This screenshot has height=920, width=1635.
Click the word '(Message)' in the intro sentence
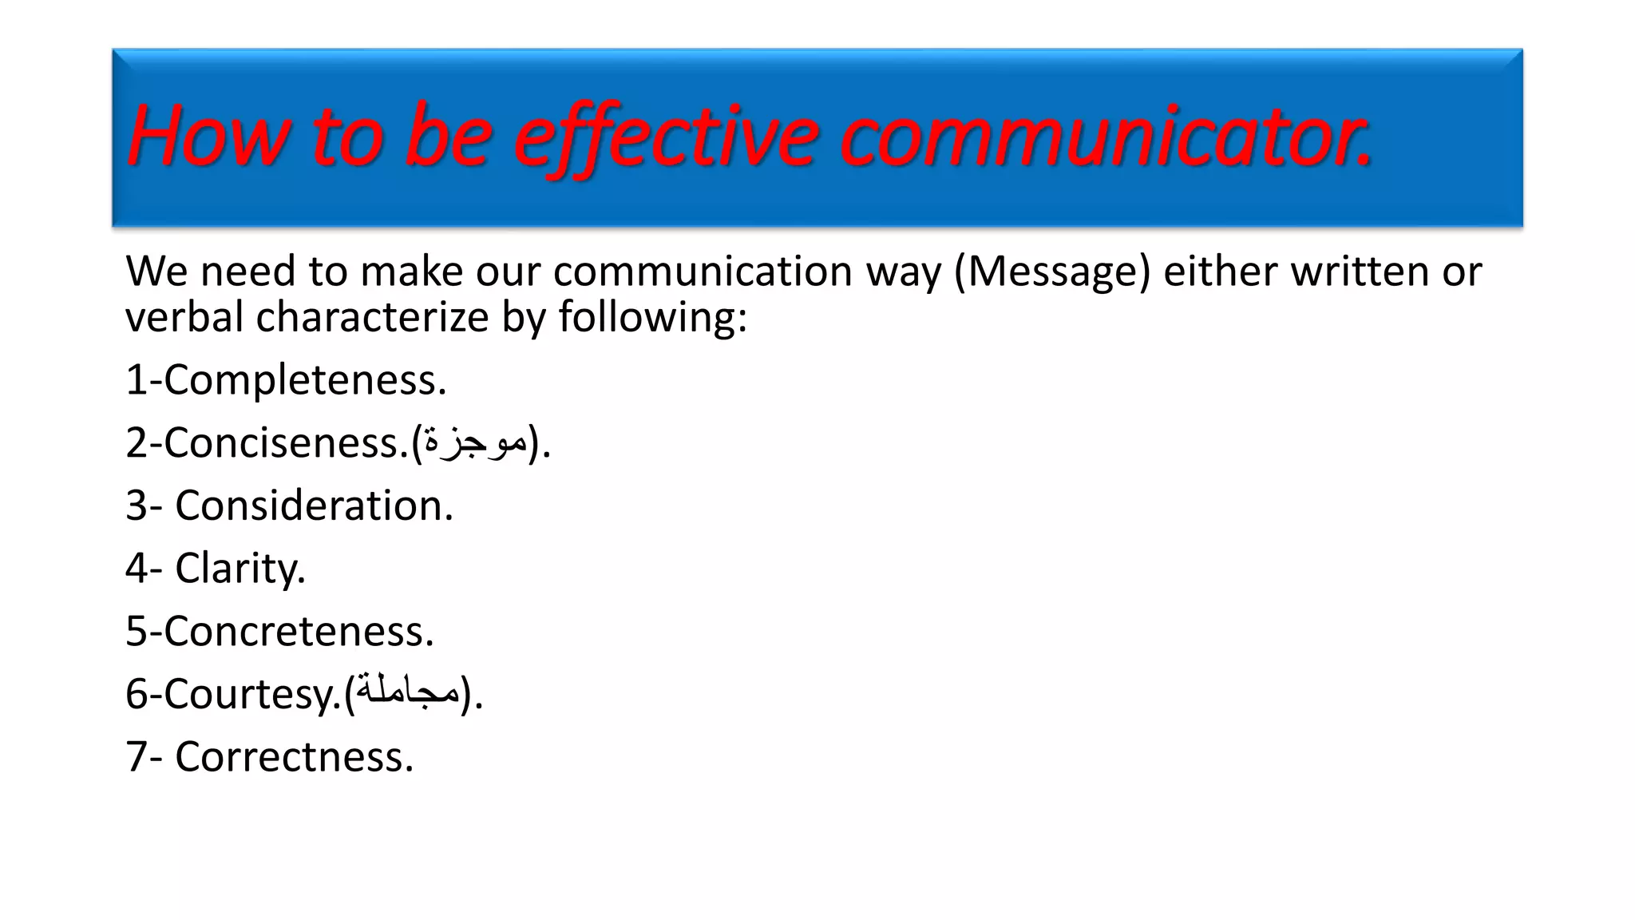[x=1052, y=272]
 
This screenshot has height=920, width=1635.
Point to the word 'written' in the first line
[x=1360, y=272]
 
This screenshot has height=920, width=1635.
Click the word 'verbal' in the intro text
[x=184, y=317]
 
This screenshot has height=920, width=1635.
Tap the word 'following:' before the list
[x=652, y=317]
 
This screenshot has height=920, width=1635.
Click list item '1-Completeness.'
[x=286, y=379]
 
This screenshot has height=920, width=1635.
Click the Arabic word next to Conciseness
[x=475, y=442]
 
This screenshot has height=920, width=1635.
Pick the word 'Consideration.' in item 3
[x=314, y=506]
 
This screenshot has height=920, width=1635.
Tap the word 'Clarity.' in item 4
[x=240, y=569]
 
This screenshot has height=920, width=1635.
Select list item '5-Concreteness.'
[x=279, y=631]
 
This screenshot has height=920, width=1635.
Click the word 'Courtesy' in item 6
[x=247, y=694]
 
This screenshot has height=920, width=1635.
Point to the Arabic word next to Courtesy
[x=408, y=692]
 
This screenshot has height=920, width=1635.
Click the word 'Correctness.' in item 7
[x=295, y=756]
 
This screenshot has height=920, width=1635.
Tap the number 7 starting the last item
[x=137, y=756]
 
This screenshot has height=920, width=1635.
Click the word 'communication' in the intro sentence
[x=703, y=272]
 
